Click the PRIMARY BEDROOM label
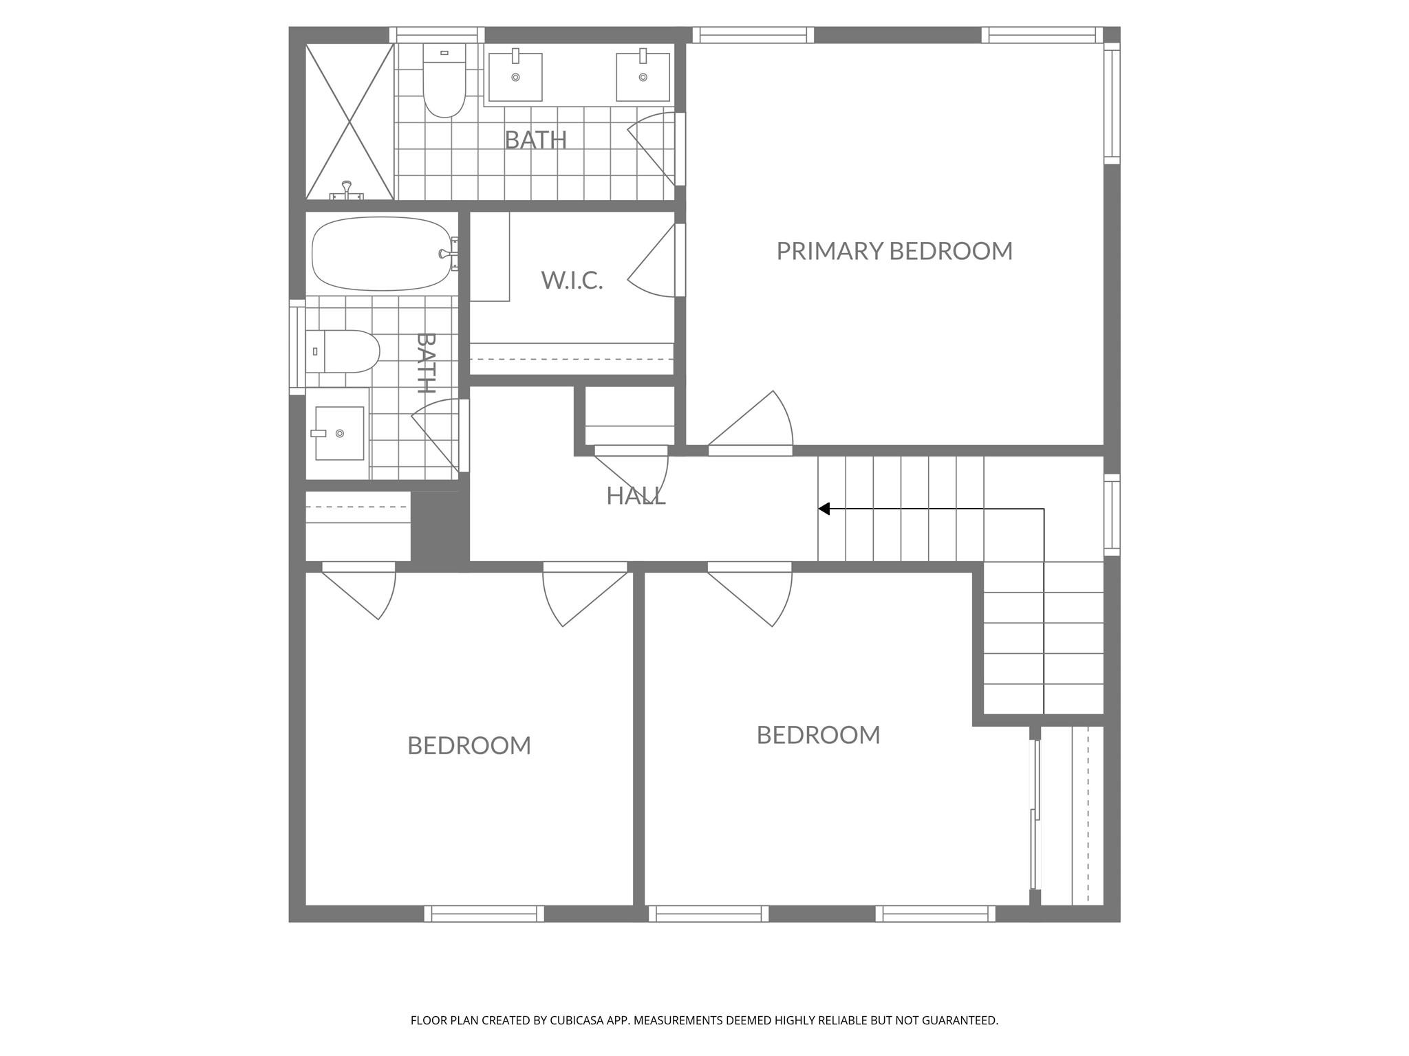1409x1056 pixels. (x=894, y=251)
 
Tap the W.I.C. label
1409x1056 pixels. (x=572, y=280)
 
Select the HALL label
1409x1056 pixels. (x=636, y=496)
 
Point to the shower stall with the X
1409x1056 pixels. (x=349, y=122)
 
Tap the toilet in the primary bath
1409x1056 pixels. (x=444, y=81)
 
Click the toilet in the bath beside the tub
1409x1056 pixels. (x=343, y=351)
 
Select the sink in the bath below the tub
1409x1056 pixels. (x=338, y=433)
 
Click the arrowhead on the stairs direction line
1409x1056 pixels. (x=824, y=509)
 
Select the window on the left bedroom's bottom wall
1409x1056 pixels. (x=484, y=914)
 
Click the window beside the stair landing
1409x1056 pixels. (x=1112, y=515)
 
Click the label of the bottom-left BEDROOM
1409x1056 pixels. (x=469, y=745)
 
